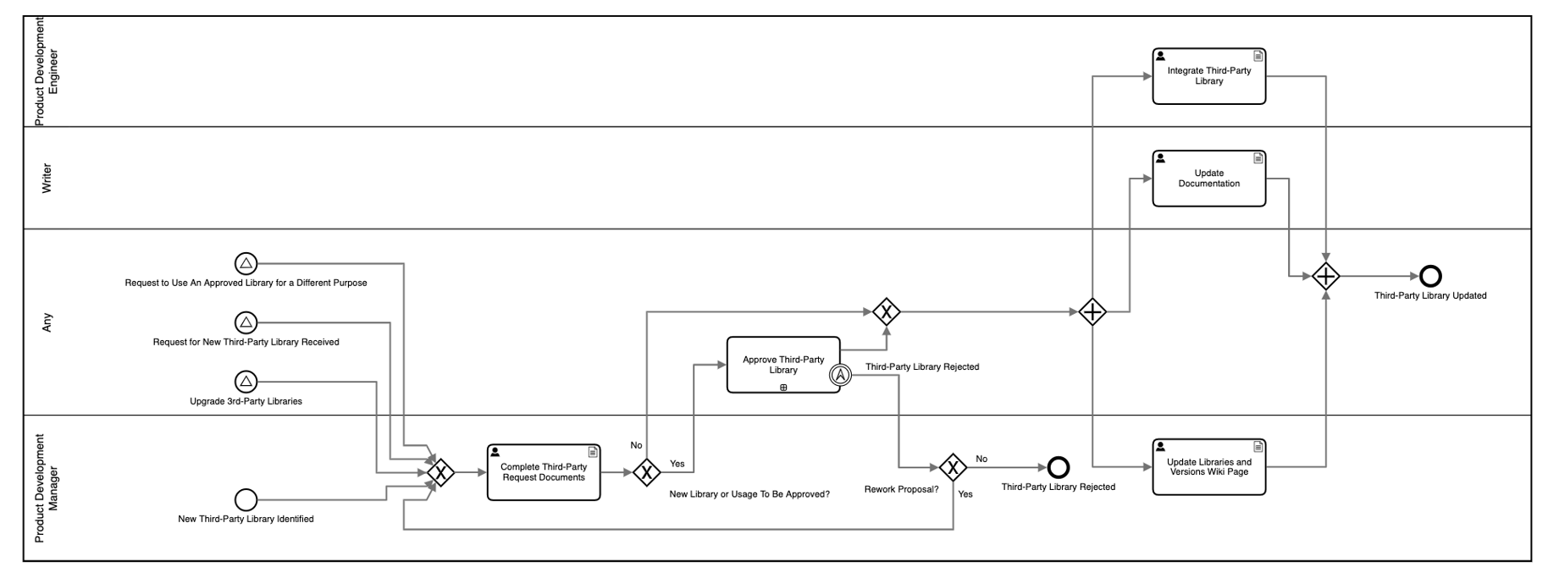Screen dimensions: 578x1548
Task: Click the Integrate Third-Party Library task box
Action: point(1208,76)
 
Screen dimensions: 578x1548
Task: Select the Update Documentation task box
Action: point(1208,179)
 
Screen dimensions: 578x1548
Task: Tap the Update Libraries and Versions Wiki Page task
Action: point(1208,467)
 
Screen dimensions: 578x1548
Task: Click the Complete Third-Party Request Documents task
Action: point(543,472)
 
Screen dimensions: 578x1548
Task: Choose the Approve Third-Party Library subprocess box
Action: point(782,365)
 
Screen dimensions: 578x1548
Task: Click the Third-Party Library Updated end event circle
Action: point(1430,276)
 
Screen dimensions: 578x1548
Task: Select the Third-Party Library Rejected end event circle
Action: point(1059,467)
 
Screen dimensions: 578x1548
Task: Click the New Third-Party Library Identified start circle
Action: point(246,499)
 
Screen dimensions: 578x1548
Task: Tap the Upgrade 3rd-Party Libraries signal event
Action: point(246,381)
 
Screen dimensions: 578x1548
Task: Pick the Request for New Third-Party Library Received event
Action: point(246,322)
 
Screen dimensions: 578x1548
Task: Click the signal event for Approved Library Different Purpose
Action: point(246,263)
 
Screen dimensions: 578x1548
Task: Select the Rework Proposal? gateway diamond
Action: point(953,467)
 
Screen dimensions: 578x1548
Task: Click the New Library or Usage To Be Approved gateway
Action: point(646,472)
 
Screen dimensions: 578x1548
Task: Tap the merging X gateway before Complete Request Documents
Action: point(440,472)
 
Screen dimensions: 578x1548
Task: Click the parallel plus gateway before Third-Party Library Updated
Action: point(1325,276)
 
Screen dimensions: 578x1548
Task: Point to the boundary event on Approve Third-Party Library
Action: point(839,374)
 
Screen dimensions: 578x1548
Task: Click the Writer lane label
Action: point(47,179)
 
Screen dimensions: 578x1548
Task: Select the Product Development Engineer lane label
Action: point(46,71)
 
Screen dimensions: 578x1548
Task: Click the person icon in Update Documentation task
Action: point(1160,158)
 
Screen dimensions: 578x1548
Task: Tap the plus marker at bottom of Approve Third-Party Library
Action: point(783,388)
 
